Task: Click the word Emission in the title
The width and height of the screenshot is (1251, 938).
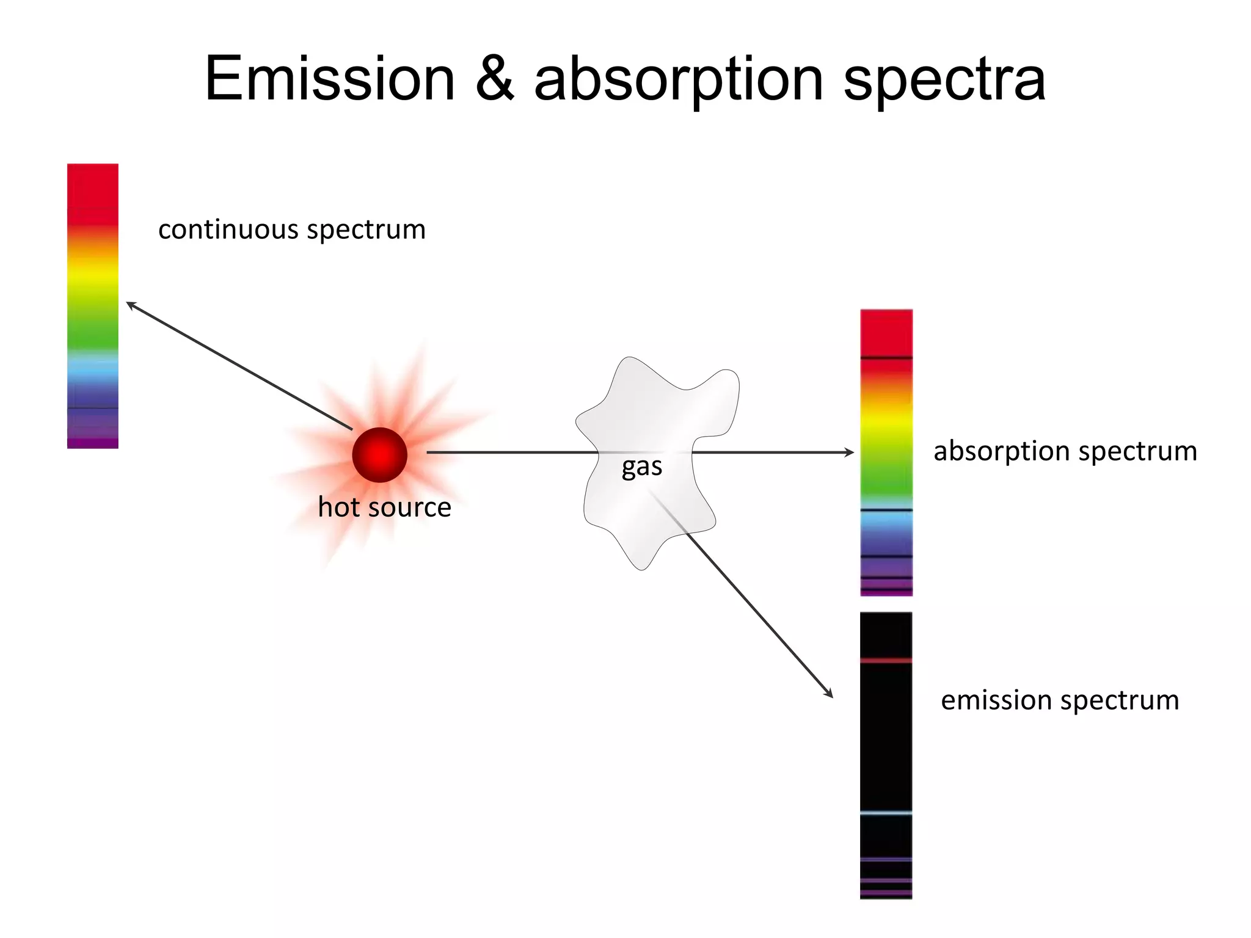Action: click(330, 79)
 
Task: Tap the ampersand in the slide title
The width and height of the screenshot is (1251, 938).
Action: click(495, 79)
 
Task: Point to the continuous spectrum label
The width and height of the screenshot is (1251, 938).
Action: click(292, 230)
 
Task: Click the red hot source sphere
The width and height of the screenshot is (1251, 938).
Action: click(379, 455)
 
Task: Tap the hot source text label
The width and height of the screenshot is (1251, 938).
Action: click(384, 507)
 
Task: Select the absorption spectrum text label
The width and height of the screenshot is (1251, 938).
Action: click(1065, 452)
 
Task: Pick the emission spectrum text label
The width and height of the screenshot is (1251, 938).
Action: click(1060, 700)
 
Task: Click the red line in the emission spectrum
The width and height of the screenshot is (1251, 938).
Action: click(886, 660)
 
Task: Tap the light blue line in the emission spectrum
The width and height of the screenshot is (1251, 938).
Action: click(886, 813)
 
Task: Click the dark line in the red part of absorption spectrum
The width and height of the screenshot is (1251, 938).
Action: click(886, 358)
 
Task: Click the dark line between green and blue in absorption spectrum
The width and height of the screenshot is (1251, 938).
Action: click(886, 509)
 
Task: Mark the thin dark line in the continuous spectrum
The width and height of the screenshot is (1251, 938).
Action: click(92, 408)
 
